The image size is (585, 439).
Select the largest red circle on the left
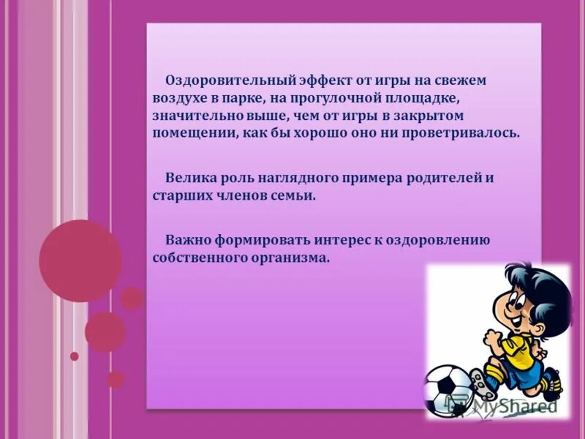pos(80,260)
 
